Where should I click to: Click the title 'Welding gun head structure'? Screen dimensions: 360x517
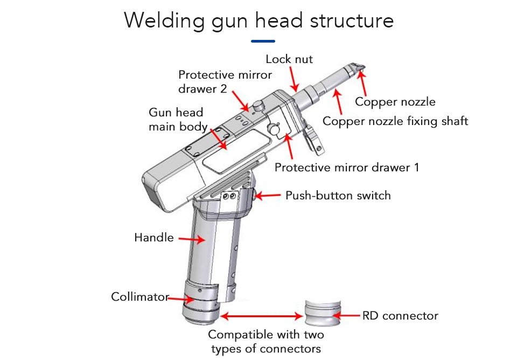click(x=258, y=20)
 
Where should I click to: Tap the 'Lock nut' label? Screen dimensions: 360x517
click(x=289, y=59)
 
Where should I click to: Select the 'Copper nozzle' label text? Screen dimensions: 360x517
click(x=395, y=102)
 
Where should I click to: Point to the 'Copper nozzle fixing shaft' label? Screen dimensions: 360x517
click(x=395, y=121)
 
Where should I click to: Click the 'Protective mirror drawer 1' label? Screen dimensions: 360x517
click(x=346, y=167)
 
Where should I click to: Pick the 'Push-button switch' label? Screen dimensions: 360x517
click(x=338, y=195)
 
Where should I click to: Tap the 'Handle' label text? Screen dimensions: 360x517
click(x=154, y=237)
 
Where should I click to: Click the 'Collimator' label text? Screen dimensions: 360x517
click(x=140, y=297)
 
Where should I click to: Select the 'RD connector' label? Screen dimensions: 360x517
click(x=400, y=315)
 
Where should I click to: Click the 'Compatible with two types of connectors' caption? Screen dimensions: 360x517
click(x=266, y=342)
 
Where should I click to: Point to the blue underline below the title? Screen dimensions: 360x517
click(x=263, y=41)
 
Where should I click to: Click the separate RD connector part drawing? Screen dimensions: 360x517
click(x=322, y=313)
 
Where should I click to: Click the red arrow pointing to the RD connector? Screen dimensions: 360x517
click(x=351, y=315)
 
